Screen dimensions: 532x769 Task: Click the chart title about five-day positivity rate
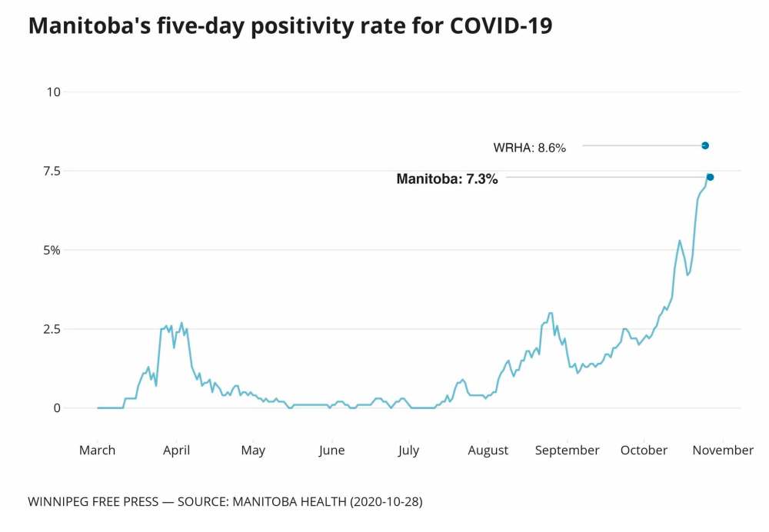pyautogui.click(x=290, y=25)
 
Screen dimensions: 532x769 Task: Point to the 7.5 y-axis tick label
pyautogui.click(x=52, y=171)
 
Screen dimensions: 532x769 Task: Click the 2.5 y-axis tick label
pyautogui.click(x=52, y=329)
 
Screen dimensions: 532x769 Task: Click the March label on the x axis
pyautogui.click(x=98, y=451)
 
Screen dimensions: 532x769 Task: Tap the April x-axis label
pyautogui.click(x=177, y=451)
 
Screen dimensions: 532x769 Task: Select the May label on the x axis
pyautogui.click(x=253, y=451)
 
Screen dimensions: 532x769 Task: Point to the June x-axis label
pyautogui.click(x=331, y=451)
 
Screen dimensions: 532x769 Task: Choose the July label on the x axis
pyautogui.click(x=408, y=451)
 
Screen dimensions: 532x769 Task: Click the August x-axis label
pyautogui.click(x=488, y=451)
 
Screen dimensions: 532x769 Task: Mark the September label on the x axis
pyautogui.click(x=568, y=451)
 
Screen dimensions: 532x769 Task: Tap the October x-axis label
pyautogui.click(x=644, y=451)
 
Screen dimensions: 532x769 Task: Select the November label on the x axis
pyautogui.click(x=722, y=451)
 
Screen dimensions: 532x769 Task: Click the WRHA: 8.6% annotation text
pyautogui.click(x=530, y=148)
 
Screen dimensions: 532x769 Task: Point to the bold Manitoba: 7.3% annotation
pyautogui.click(x=447, y=179)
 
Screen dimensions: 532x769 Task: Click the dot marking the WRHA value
pyautogui.click(x=705, y=145)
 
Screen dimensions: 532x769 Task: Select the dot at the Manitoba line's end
pyautogui.click(x=711, y=178)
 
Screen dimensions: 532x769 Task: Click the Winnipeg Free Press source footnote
pyautogui.click(x=225, y=502)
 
